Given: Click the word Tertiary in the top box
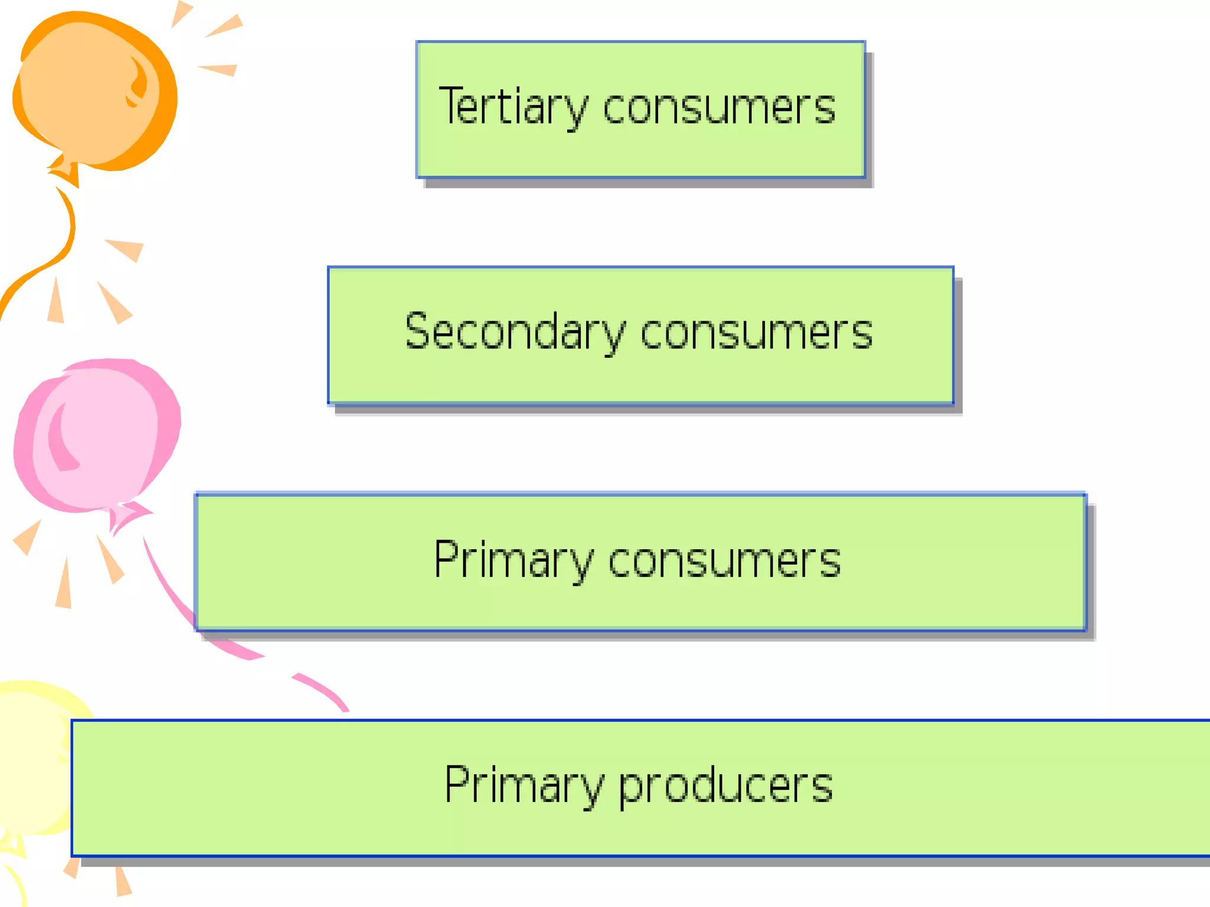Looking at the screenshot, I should pos(513,107).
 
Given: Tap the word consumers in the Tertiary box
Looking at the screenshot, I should pos(719,108).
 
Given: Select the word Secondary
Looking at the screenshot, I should pos(514,332).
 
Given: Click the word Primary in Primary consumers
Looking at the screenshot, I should pos(513,560).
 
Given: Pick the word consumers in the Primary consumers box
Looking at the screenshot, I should pos(724,561).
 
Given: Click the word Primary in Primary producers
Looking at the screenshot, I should pos(523,785).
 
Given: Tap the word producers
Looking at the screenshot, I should pos(726,787).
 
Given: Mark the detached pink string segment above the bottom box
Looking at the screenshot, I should pos(322,691).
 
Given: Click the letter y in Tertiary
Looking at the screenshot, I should pos(575,112).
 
